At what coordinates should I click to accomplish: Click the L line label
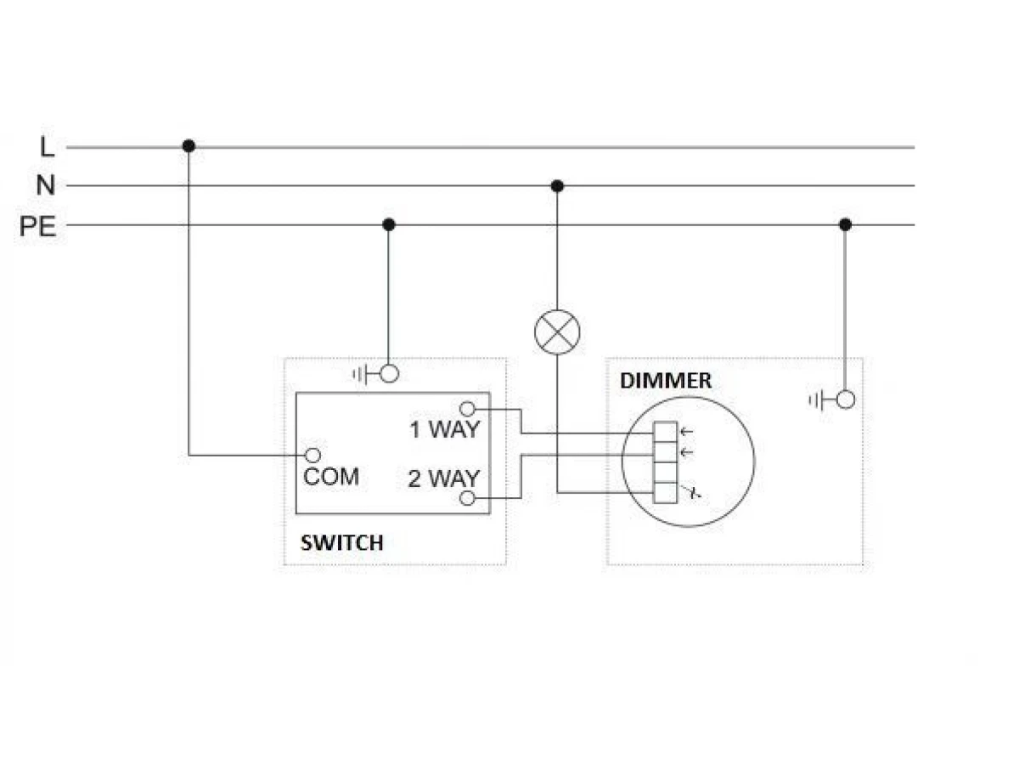tap(47, 147)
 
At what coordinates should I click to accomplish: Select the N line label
tap(46, 184)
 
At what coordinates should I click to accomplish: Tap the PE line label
tap(37, 226)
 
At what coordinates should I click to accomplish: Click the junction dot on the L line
tap(189, 146)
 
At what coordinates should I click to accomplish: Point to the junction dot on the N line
tap(557, 186)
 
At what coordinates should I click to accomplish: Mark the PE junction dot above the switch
tap(389, 224)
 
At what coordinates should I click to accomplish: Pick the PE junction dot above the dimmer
tap(845, 224)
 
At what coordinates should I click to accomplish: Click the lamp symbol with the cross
tap(557, 332)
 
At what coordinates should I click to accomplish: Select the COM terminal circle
tap(312, 456)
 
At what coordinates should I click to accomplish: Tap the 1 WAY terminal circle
tap(467, 409)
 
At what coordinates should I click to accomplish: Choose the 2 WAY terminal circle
tap(467, 498)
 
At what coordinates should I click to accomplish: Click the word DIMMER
tap(665, 381)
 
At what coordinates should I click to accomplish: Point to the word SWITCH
tap(342, 543)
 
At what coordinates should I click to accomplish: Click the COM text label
tap(331, 477)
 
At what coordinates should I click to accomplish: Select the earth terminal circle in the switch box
tap(389, 373)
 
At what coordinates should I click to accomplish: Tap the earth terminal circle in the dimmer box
tap(846, 399)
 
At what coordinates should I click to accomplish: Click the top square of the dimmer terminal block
tap(665, 432)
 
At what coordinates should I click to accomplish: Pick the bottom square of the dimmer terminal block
tap(665, 493)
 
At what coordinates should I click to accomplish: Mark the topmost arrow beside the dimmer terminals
tap(686, 432)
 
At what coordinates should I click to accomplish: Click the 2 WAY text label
tap(443, 479)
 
